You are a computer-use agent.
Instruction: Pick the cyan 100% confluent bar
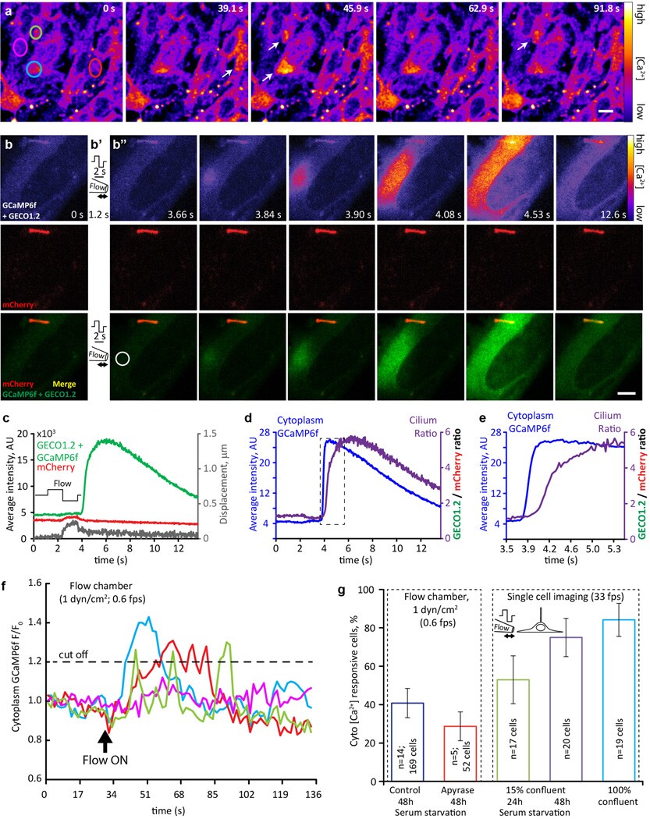point(619,643)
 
